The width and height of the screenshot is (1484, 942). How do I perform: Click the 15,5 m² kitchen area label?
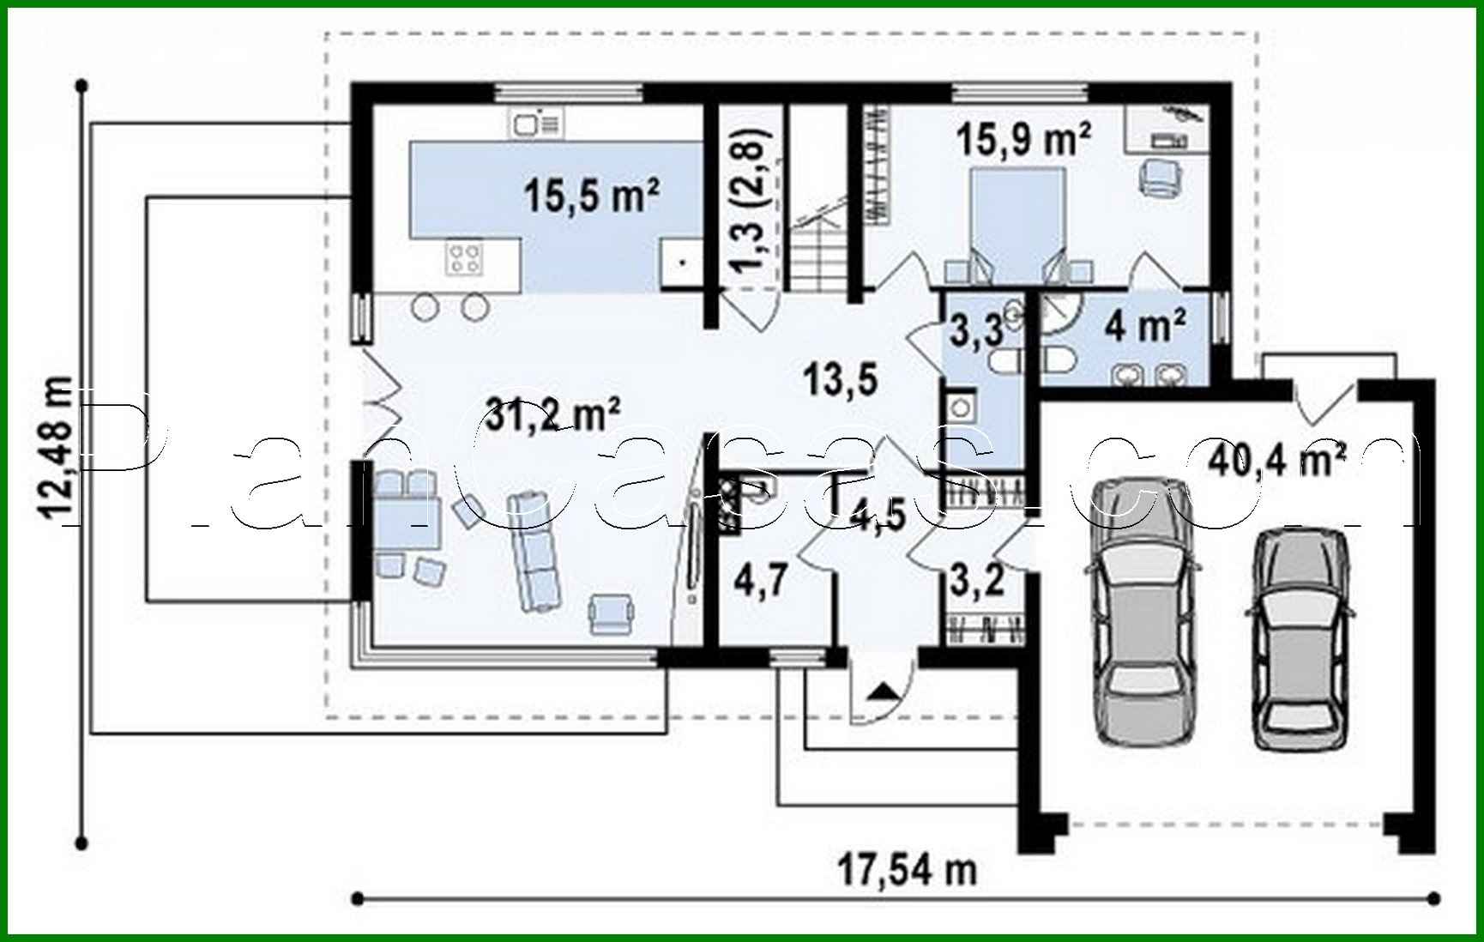coord(591,196)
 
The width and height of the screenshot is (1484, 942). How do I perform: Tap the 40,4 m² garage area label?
coord(1276,459)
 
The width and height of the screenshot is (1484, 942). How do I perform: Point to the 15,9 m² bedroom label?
coord(1024,138)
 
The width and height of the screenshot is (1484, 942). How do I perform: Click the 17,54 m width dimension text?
coord(907,870)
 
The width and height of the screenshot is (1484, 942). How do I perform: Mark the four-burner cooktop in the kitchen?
coord(466,258)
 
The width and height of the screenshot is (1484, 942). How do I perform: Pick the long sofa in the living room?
coord(534,551)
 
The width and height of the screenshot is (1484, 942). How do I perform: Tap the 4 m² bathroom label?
coord(1145,326)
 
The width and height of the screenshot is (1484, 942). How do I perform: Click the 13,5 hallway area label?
coord(840,378)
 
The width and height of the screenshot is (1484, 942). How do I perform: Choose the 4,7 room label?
coord(761,580)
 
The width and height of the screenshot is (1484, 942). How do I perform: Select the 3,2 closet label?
coord(976,581)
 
